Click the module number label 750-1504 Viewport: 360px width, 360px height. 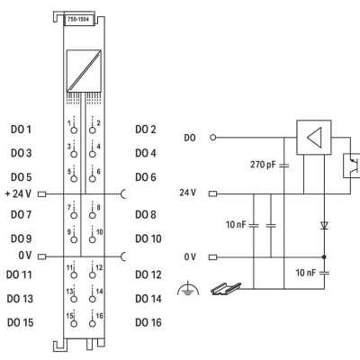click(78, 20)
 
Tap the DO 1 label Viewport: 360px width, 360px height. click(21, 130)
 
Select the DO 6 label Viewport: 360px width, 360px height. click(146, 177)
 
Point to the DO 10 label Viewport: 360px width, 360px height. click(148, 238)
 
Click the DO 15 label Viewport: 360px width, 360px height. click(20, 322)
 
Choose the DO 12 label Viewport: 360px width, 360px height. click(148, 274)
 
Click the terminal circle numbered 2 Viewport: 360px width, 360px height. click(93, 130)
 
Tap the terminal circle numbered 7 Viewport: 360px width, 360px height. click(74, 215)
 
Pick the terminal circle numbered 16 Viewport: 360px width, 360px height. click(93, 323)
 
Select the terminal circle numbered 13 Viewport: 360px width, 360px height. click(74, 299)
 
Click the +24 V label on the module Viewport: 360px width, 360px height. click(18, 193)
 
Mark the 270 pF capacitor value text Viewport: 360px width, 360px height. click(263, 165)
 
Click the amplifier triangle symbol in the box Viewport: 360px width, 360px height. click(314, 138)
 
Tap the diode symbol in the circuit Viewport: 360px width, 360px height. click(324, 225)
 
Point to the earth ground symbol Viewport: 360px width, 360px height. click(188, 289)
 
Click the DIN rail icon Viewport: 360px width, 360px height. click(226, 288)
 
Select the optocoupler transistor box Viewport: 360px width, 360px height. click(352, 166)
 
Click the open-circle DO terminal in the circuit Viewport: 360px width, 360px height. click(213, 138)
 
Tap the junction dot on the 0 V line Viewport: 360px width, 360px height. click(324, 257)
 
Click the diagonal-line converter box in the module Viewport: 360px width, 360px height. click(84, 71)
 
